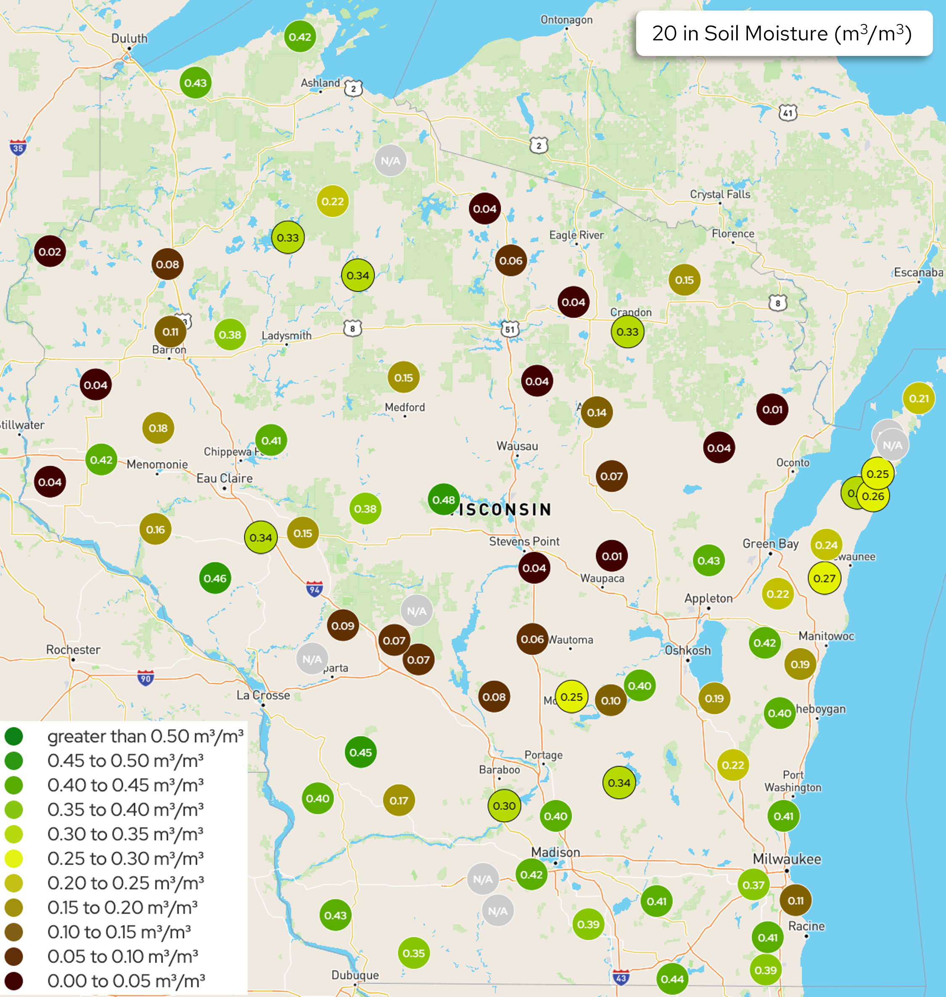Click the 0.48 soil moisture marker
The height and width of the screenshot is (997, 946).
(443, 499)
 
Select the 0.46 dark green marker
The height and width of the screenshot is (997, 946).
(215, 578)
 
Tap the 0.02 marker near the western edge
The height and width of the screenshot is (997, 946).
(50, 251)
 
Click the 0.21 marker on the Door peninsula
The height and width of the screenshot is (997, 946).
(918, 398)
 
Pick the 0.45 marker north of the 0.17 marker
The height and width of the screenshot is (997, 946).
(361, 752)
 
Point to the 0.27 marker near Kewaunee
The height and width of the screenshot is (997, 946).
(824, 578)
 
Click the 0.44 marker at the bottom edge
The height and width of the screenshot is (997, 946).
(672, 979)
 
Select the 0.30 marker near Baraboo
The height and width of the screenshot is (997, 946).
(504, 806)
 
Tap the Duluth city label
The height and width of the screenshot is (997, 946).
(129, 38)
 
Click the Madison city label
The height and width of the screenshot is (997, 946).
(555, 852)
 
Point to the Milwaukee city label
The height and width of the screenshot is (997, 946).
(787, 859)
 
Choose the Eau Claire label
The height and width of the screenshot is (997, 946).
(225, 478)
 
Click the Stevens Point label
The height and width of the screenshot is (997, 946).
(524, 541)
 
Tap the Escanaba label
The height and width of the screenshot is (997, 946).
(918, 273)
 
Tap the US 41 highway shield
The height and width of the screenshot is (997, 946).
(787, 112)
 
